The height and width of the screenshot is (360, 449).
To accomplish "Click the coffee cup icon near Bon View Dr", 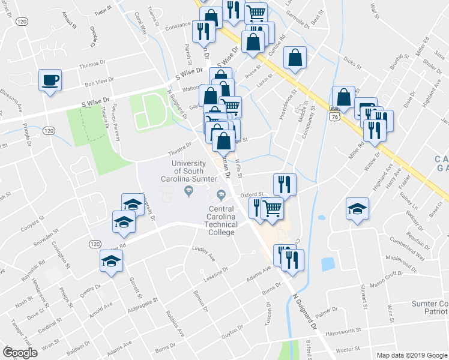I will [50, 79].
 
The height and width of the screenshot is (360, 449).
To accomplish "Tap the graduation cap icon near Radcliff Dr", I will [357, 208].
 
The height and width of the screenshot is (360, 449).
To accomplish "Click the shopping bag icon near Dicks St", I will [297, 58].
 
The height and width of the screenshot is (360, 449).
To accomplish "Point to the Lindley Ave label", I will [203, 248].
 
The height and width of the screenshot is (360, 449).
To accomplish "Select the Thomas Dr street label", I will [91, 64].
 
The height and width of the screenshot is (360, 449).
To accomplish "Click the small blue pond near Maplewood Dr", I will [328, 264].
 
